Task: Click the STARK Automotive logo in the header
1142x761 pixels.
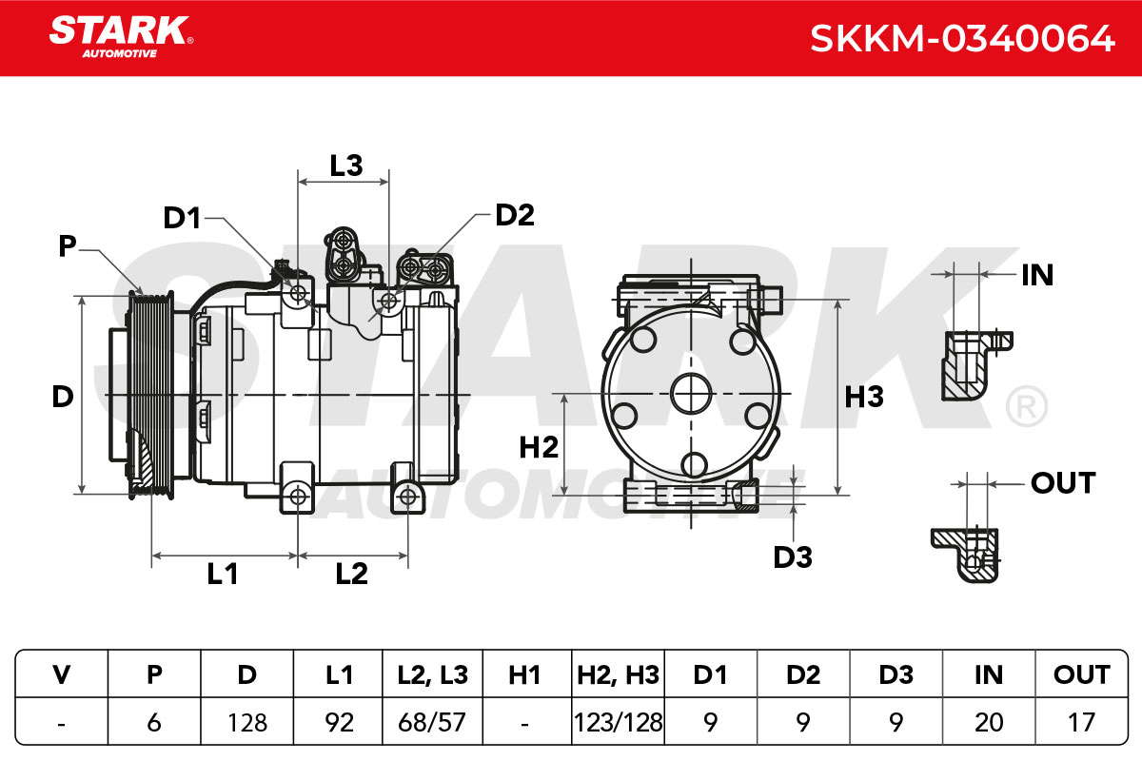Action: click(121, 37)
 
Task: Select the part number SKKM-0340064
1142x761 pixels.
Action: click(962, 39)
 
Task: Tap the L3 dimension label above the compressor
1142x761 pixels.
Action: click(346, 166)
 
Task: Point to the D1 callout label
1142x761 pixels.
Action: click(182, 218)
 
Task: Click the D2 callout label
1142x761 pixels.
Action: click(515, 215)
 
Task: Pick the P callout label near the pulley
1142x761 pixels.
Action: click(68, 246)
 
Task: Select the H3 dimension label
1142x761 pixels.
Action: click(864, 397)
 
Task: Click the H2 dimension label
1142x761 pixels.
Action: click(539, 447)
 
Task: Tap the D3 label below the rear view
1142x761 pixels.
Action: click(793, 557)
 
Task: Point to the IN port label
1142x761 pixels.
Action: click(1037, 275)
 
